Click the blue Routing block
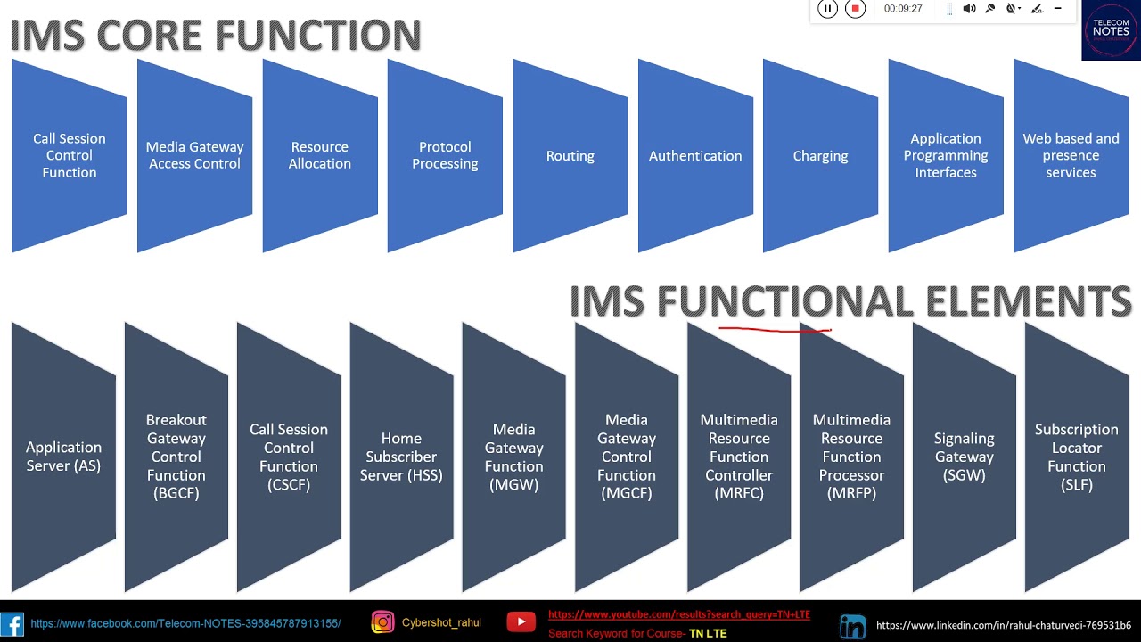point(570,156)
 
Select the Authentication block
point(695,156)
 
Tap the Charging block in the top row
point(820,156)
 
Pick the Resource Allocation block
point(319,156)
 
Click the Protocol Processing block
point(445,156)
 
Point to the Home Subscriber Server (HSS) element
point(401,457)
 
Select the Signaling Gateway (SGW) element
point(964,457)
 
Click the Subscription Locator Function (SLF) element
point(1076,457)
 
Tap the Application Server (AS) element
point(63,457)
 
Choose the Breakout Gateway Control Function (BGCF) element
point(176,457)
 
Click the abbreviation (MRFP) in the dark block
point(851,494)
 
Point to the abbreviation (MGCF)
point(627,494)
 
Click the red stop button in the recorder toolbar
point(855,9)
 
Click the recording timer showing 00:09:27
point(903,9)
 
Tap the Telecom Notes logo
point(1111,30)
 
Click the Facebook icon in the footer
point(12,624)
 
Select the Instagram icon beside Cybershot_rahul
point(382,622)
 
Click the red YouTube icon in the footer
point(521,622)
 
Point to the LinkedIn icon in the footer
point(852,626)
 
